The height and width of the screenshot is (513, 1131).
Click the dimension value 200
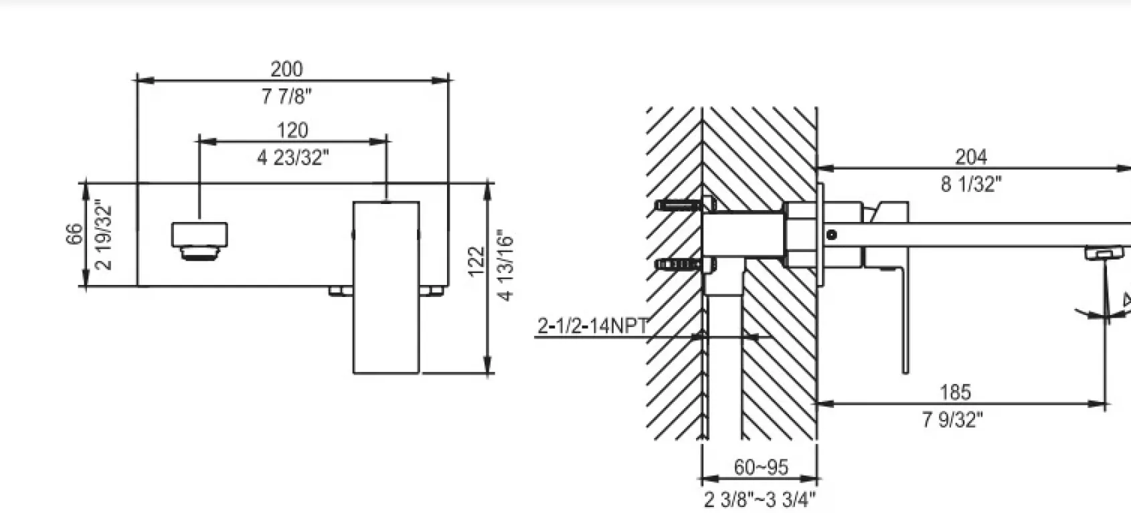tap(286, 69)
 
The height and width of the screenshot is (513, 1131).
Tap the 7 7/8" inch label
tap(286, 96)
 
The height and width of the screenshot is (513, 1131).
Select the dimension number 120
tap(292, 130)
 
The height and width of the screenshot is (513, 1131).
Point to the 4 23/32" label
tap(292, 158)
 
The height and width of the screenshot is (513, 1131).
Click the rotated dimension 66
tap(74, 234)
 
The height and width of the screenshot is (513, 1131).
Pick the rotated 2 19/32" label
tap(104, 237)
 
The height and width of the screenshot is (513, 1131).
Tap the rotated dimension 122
tap(476, 262)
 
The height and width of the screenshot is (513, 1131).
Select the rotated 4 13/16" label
tap(505, 266)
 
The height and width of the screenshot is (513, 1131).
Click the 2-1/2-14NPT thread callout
tap(593, 326)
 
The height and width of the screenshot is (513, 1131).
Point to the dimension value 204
tap(971, 157)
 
